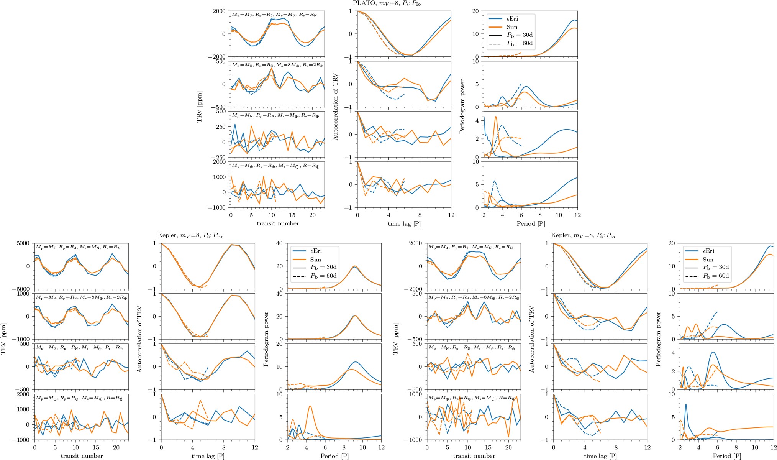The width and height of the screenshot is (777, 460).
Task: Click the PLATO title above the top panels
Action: [x=387, y=3]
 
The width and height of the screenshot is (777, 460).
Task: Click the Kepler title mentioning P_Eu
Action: [x=190, y=235]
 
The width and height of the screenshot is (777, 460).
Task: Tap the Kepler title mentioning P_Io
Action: [x=583, y=235]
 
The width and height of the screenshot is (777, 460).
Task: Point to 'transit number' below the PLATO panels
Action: [x=278, y=223]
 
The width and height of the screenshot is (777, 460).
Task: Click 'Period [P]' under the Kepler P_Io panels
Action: [x=727, y=456]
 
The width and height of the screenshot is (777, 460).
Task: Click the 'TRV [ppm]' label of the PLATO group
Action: [x=199, y=107]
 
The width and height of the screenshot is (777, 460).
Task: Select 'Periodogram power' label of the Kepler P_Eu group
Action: [x=266, y=339]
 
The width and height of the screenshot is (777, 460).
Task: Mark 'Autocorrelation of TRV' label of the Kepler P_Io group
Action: [x=531, y=339]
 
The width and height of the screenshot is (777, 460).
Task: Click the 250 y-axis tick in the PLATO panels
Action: [x=220, y=127]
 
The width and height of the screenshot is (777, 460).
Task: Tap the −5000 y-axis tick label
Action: [x=22, y=289]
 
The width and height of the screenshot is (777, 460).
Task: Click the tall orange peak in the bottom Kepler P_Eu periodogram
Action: [x=310, y=406]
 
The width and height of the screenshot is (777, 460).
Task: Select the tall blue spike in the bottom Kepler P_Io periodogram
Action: [x=685, y=404]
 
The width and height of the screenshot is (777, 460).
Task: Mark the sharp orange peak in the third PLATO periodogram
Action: [x=496, y=117]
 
